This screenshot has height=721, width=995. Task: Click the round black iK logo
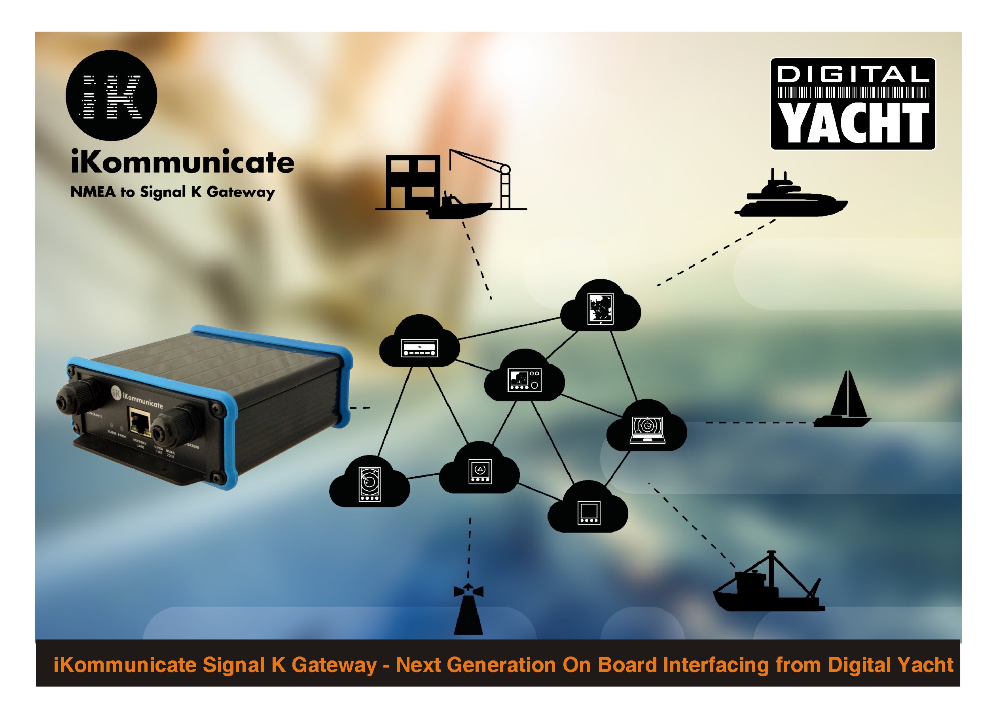(x=111, y=95)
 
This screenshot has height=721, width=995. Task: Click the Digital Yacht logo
(x=853, y=104)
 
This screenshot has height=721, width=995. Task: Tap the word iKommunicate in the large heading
(x=182, y=162)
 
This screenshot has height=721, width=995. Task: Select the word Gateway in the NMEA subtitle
(x=241, y=192)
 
